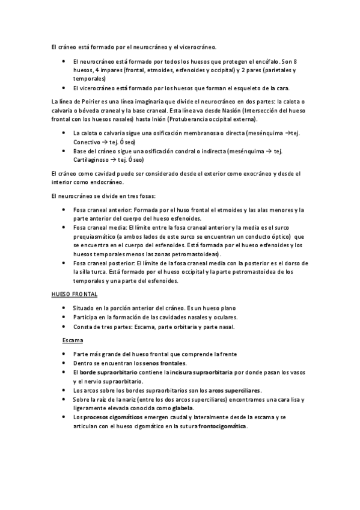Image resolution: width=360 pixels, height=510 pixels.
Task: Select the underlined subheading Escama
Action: [73, 340]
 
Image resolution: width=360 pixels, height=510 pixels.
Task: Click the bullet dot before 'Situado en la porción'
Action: [64, 307]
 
